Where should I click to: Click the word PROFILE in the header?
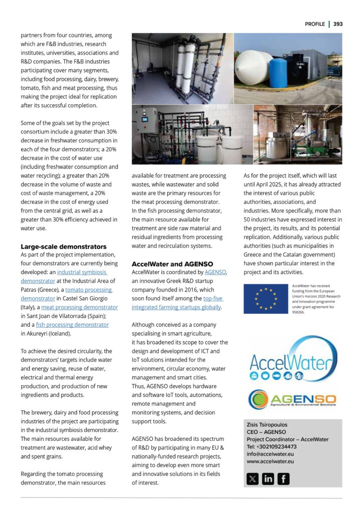click(314, 24)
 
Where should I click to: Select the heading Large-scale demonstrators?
click(63, 246)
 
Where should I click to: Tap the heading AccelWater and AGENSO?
click(172, 264)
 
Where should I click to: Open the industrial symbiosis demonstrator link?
click(82, 272)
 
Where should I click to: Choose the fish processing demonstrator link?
click(73, 325)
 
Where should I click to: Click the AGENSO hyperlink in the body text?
click(216, 272)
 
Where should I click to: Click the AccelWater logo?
click(290, 362)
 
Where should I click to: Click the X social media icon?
click(253, 478)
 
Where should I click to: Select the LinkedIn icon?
click(268, 478)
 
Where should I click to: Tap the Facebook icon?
click(283, 478)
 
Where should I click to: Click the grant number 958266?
click(298, 311)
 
